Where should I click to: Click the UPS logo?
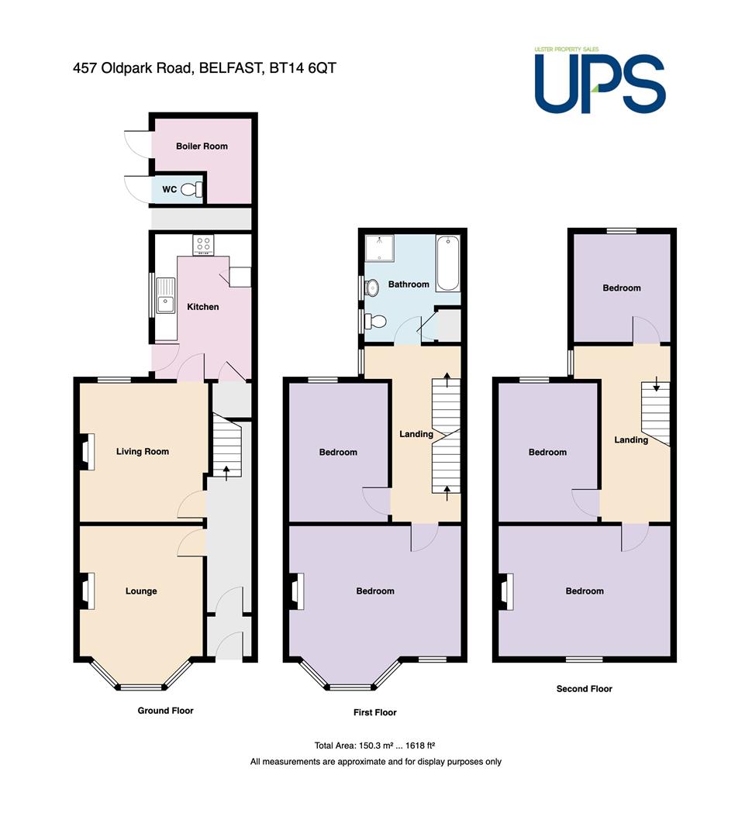coord(600,80)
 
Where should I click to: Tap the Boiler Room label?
coord(202,146)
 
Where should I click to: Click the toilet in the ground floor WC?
coord(191,189)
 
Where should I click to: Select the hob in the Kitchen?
coord(203,245)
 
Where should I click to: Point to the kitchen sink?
coord(166,296)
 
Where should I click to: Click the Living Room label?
coord(143,452)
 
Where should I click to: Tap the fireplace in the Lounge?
coord(88,591)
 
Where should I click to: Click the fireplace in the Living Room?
coord(88,452)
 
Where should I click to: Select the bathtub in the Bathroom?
coord(447,263)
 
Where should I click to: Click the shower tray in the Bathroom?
coord(379,248)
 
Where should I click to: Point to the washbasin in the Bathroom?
coord(371,288)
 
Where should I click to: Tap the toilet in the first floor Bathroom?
coord(375,322)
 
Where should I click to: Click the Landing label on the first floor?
coord(416,434)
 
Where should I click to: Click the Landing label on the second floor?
coord(631,440)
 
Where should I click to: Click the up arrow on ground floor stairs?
coord(226,473)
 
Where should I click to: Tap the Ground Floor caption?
coord(166,711)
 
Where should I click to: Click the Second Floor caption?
coord(585,689)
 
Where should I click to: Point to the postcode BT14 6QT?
coord(303,68)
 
